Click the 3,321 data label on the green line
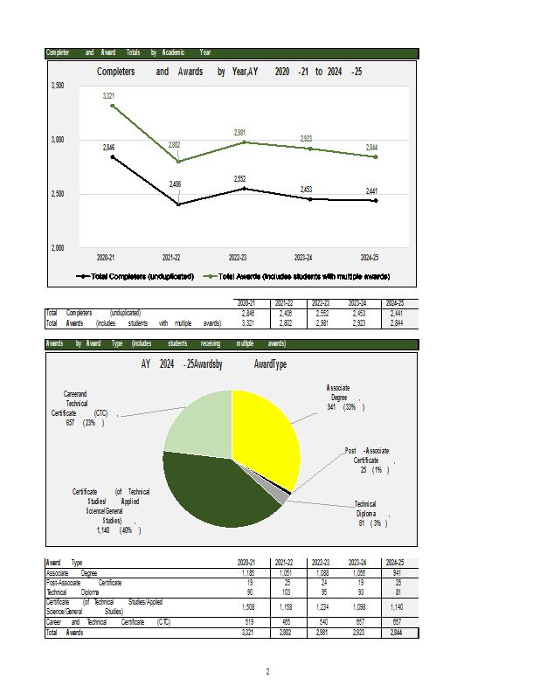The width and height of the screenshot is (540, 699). (x=108, y=95)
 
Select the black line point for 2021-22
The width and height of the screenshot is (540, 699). (x=178, y=204)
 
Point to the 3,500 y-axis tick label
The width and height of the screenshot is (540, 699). (x=57, y=86)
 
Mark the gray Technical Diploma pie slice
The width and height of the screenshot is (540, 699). (x=278, y=495)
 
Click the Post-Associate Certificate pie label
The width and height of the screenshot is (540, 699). (x=367, y=460)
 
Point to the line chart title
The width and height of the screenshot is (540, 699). (x=230, y=72)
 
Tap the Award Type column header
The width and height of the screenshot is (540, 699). (x=65, y=563)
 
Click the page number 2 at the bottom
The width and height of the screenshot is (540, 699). (x=267, y=671)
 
